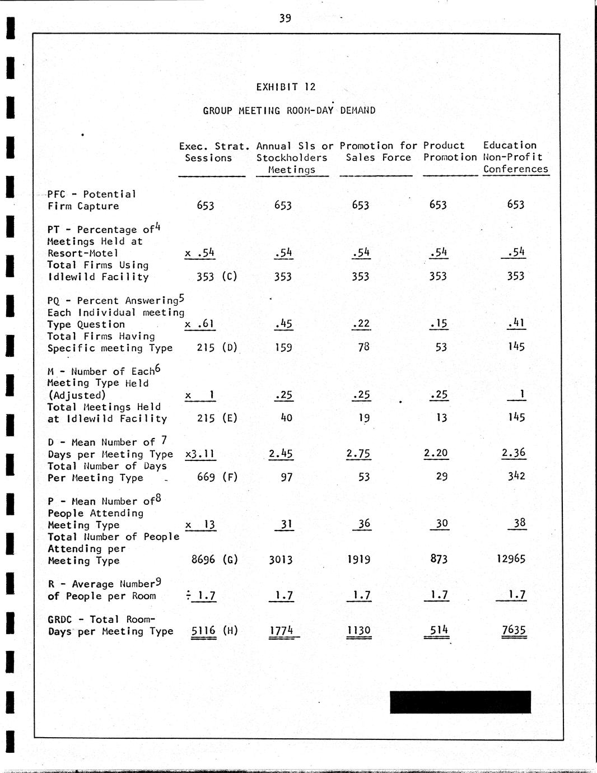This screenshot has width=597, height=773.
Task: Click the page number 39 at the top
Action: [x=285, y=18]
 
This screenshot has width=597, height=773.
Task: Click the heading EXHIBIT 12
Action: [x=286, y=87]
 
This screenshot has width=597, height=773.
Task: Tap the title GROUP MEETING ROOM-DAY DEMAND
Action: [x=289, y=110]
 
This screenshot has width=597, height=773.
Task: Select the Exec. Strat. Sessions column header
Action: [x=213, y=152]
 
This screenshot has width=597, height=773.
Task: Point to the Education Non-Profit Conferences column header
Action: [x=515, y=157]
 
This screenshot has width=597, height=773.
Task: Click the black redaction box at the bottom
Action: [x=460, y=702]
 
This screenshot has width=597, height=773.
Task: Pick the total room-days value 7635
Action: [x=514, y=630]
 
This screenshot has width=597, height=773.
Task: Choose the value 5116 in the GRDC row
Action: [x=203, y=631]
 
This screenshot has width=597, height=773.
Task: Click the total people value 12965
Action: [x=511, y=559]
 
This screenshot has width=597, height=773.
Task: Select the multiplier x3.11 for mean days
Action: [x=200, y=454]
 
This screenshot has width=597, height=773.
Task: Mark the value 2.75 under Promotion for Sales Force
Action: [x=359, y=454]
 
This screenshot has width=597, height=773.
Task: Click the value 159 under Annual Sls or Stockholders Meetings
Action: [x=283, y=347]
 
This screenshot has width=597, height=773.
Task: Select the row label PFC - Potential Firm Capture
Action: [x=91, y=200]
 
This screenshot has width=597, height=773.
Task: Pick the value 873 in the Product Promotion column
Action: [x=439, y=559]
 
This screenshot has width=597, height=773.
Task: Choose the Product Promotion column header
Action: [x=449, y=151]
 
